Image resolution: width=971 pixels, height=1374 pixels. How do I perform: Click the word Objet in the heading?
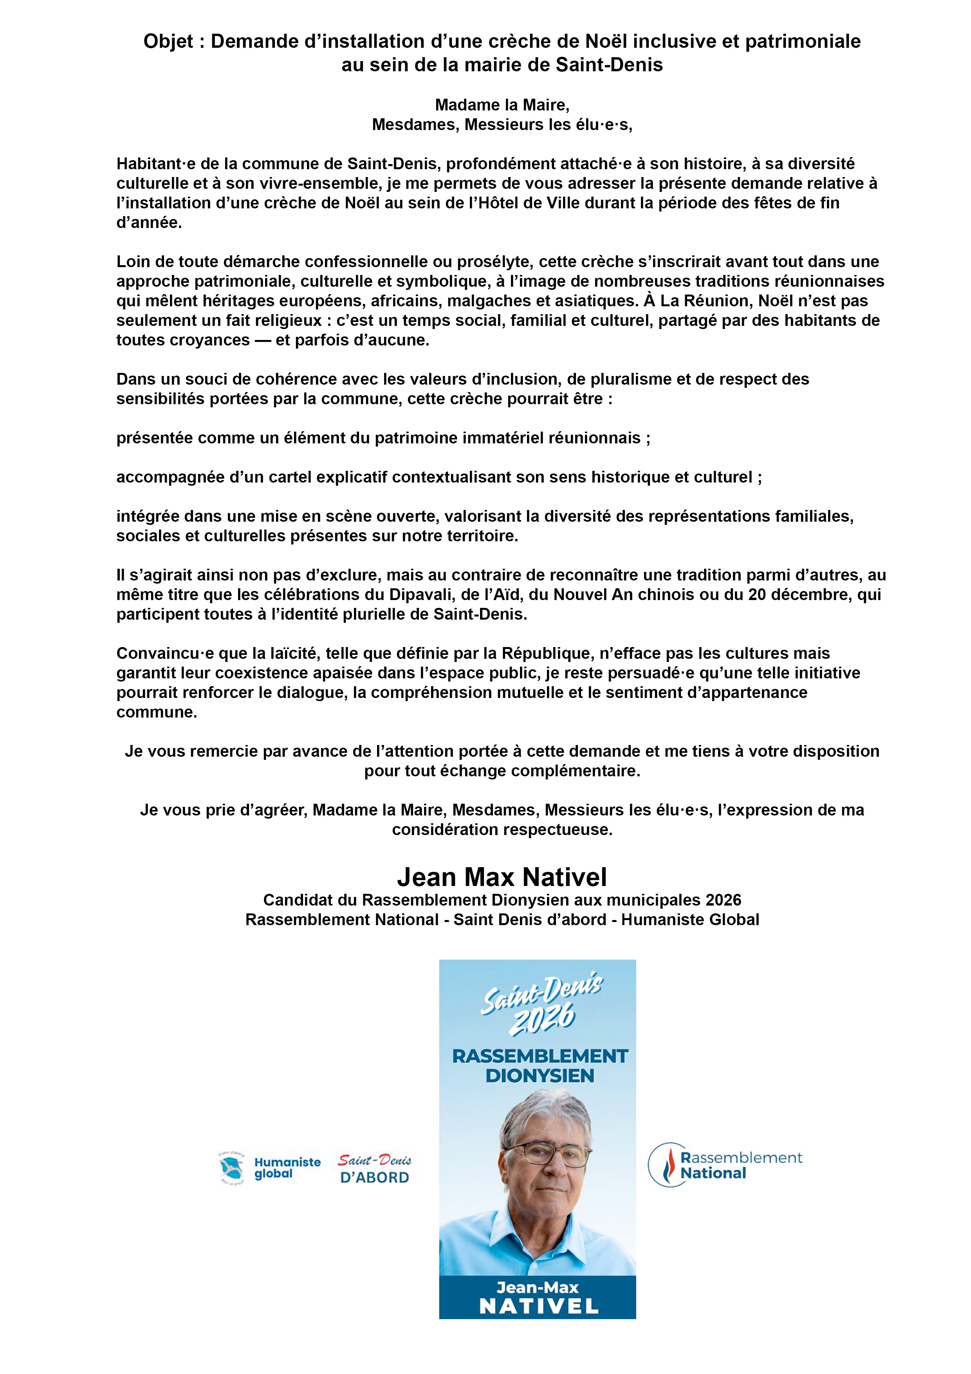168,41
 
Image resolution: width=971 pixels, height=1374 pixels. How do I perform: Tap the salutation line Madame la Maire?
502,105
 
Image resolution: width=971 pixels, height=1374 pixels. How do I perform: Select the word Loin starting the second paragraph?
133,262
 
